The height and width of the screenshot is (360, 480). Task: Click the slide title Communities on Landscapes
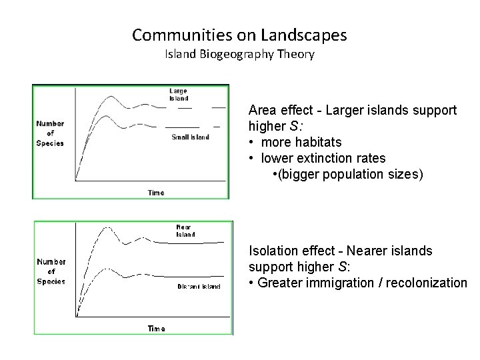[239, 34]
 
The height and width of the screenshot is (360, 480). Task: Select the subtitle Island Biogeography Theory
[239, 54]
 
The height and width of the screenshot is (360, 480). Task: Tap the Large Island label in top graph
[178, 94]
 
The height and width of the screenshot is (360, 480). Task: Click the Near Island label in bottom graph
[185, 231]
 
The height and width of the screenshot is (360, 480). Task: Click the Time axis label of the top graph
[155, 193]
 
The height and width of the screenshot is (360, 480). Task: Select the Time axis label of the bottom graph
[157, 329]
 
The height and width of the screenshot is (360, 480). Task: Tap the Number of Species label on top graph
[50, 132]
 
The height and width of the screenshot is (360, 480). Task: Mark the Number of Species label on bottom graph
[51, 271]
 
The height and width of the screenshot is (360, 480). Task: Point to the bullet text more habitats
[302, 142]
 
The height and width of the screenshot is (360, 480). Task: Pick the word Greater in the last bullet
[280, 283]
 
